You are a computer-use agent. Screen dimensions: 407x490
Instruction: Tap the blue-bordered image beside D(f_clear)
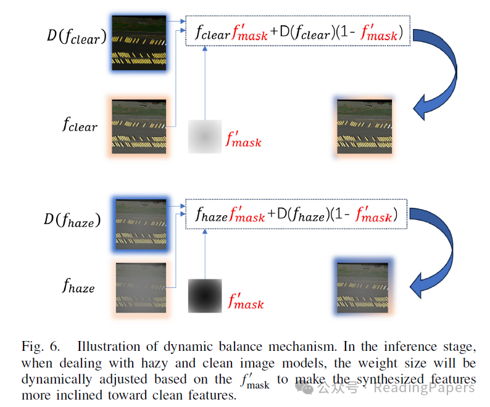click(139, 43)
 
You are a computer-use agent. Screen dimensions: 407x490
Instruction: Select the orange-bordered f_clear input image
click(139, 128)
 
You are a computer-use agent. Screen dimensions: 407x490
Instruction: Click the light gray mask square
click(205, 136)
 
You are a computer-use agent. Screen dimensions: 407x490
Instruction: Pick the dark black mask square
click(205, 296)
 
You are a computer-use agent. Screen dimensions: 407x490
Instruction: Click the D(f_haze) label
click(73, 220)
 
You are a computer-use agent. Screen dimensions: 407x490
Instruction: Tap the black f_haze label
click(78, 286)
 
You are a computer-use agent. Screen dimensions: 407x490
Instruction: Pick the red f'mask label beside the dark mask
click(246, 302)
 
